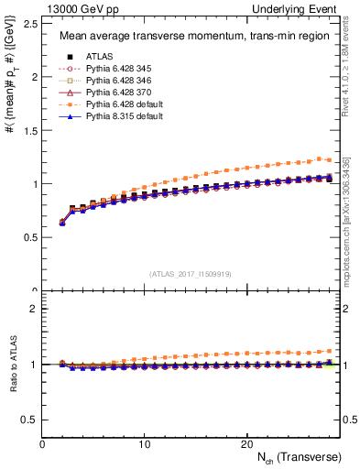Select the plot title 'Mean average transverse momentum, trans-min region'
[x=190, y=37]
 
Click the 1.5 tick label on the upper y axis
[x=31, y=130]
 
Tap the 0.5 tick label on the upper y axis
[x=31, y=237]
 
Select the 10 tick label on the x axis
[x=144, y=443]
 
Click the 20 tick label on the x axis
[x=245, y=443]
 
